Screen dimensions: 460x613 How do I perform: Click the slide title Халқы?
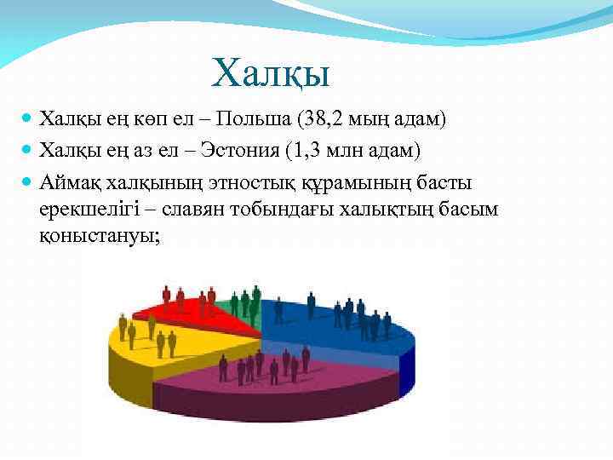coord(271,72)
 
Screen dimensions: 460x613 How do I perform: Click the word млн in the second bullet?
coord(352,151)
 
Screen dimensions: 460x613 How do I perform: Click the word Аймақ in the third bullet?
coord(70,182)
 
